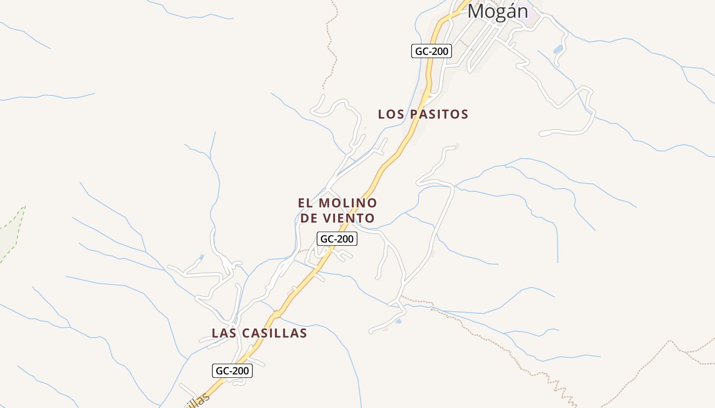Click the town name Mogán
497,11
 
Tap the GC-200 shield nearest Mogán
432,51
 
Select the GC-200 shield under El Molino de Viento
337,239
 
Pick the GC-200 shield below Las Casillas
232,371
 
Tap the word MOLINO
348,203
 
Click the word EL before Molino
305,203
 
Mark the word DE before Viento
308,218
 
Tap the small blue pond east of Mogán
558,49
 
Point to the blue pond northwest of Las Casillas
202,257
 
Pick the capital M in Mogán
476,11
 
